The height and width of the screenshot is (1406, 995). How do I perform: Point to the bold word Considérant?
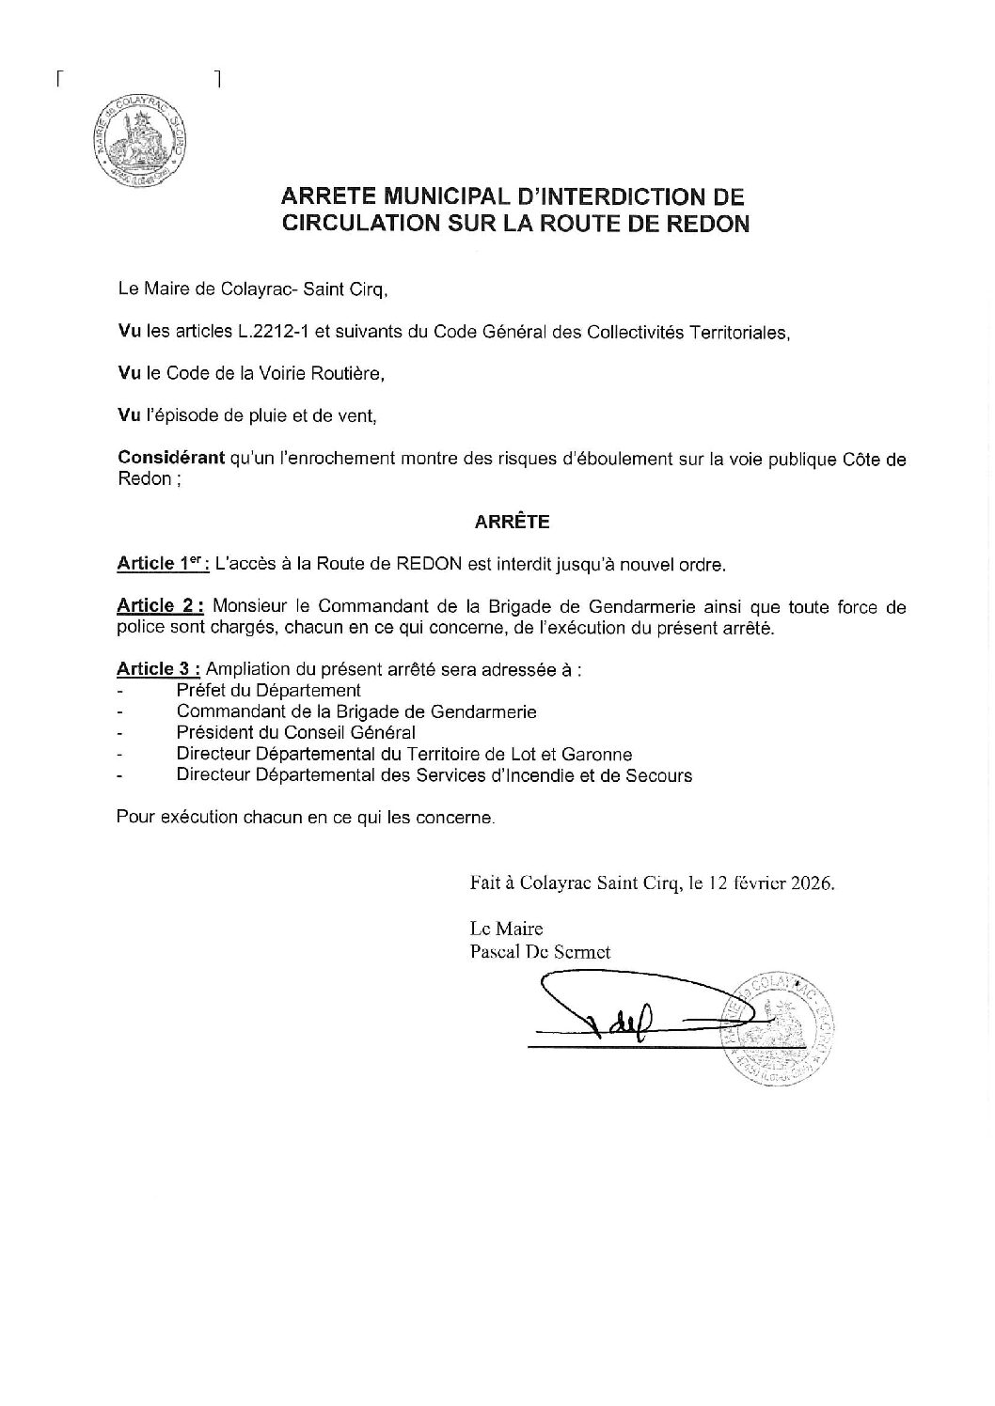[x=171, y=458]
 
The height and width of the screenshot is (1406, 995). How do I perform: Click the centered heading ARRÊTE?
[x=512, y=521]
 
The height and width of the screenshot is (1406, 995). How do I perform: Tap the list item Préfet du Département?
[x=268, y=691]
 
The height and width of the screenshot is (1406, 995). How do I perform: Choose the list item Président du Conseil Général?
[x=295, y=733]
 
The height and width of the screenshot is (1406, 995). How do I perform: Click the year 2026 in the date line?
[x=812, y=884]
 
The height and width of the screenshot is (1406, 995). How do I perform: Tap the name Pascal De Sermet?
[x=539, y=951]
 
